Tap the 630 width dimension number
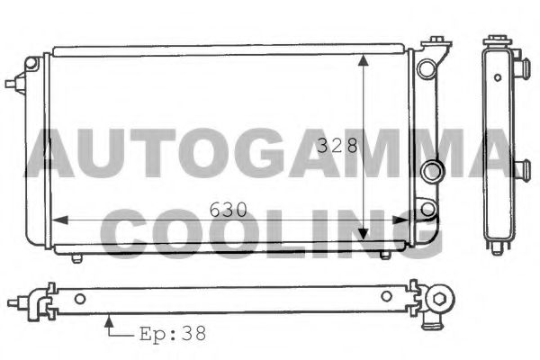click(230, 210)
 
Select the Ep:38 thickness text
click(172, 333)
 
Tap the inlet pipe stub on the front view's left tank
click(13, 84)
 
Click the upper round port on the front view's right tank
click(430, 170)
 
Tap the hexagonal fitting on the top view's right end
click(441, 300)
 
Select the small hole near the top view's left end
click(80, 299)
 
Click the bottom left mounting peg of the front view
click(76, 257)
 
